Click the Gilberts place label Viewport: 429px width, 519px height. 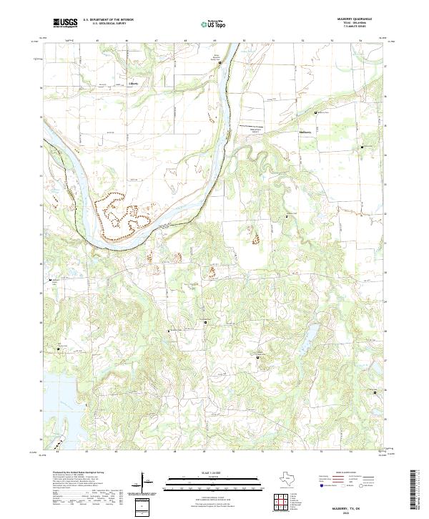click(132, 82)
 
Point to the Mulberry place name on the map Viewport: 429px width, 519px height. click(305, 132)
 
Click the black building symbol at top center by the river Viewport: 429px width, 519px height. click(220, 63)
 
